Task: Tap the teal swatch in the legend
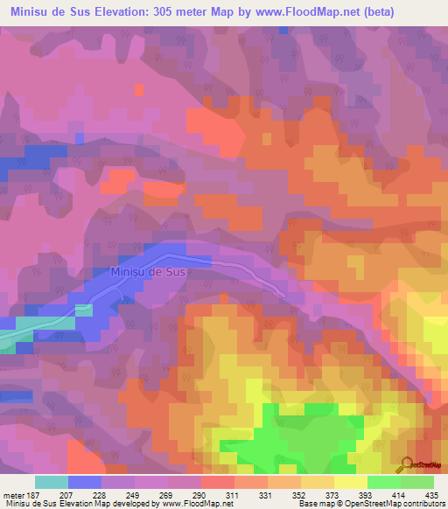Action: point(51,482)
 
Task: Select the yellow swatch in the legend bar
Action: point(350,482)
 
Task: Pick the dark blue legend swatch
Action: point(84,482)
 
